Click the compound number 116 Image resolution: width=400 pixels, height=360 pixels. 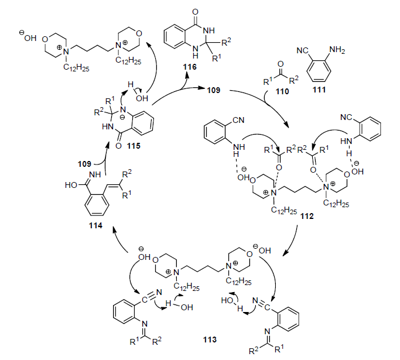189,68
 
